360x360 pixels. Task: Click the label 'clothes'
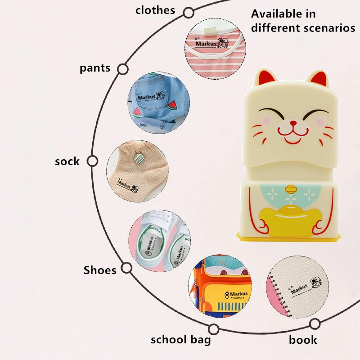coord(155,10)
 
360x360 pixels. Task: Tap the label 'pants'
coord(95,68)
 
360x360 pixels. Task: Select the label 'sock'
coord(67,162)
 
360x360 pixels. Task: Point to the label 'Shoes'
coord(100,270)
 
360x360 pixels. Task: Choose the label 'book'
coord(303,340)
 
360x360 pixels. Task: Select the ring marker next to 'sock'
coord(92,161)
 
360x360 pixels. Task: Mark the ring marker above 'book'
coord(315,324)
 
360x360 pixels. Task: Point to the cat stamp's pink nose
coord(293,122)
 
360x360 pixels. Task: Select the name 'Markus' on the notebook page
coord(299,288)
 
